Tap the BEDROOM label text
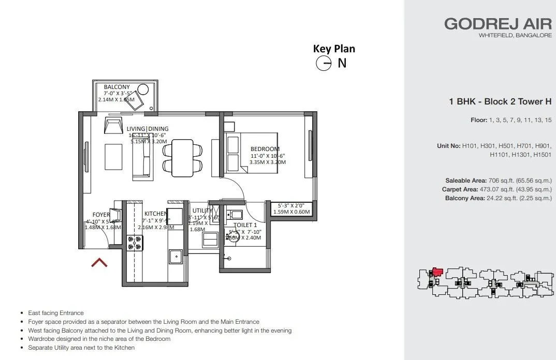265,149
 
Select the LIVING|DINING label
148,129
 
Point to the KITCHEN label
155,214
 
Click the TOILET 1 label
245,225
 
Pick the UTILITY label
202,211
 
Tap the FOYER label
101,215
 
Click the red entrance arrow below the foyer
99,263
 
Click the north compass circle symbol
324,64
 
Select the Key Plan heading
334,49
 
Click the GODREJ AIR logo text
498,24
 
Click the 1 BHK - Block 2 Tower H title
500,102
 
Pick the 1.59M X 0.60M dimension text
291,211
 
